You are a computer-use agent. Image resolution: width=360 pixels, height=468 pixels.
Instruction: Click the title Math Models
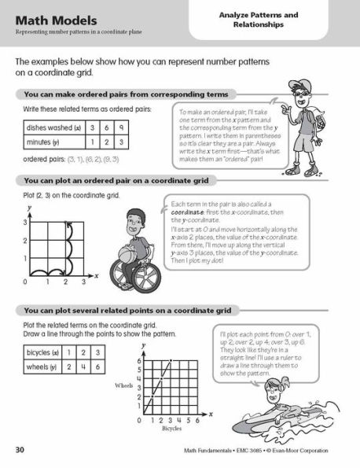[x=49, y=18]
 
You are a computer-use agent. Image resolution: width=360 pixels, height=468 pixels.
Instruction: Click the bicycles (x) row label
[x=44, y=353]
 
